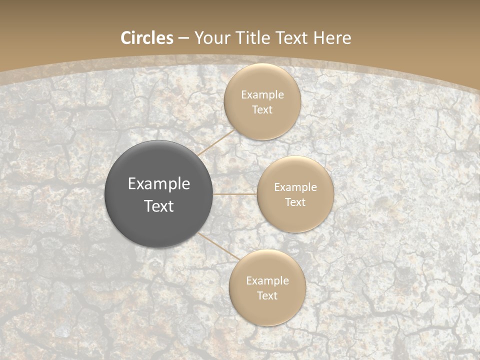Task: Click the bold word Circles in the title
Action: tap(147, 38)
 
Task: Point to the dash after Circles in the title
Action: tap(183, 38)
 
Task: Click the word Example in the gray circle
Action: tap(159, 184)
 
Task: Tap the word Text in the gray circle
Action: tap(159, 206)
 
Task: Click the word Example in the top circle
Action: tap(262, 95)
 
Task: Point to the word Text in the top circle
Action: tap(262, 110)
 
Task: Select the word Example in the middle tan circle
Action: tap(295, 187)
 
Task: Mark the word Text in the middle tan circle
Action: tap(295, 202)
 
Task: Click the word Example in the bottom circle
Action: tap(267, 281)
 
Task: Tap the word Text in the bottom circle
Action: tap(267, 296)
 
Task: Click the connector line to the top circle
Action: tap(216, 142)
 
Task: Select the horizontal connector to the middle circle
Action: tap(235, 194)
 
